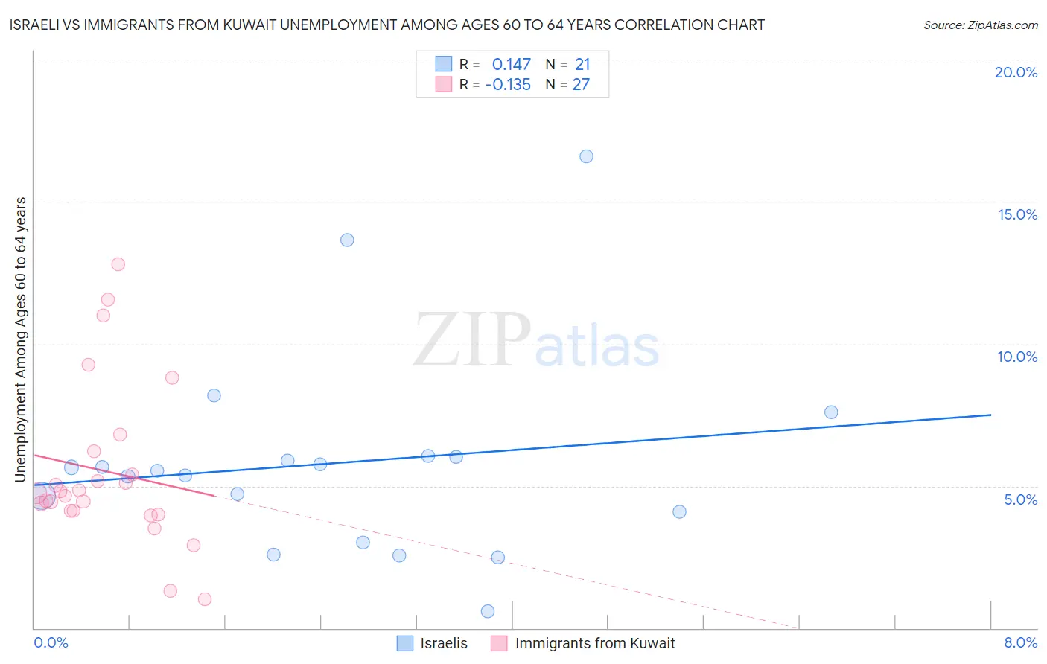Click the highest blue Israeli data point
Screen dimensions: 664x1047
pos(586,156)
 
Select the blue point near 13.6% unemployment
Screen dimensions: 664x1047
pos(347,240)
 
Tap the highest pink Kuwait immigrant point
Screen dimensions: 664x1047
pos(118,264)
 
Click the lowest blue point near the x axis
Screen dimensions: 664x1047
pos(488,611)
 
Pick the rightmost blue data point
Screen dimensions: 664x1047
pos(831,412)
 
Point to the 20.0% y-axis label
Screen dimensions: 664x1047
pos(1016,72)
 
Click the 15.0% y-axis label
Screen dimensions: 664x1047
pos(1017,214)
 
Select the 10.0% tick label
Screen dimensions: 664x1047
pos(1017,357)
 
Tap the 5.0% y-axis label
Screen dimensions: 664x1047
pos(1020,499)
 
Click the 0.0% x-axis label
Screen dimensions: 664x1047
pos(51,642)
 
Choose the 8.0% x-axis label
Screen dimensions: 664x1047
pos(1020,642)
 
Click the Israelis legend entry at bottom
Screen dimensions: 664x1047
pos(444,643)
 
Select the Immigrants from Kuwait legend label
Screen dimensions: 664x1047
pos(594,643)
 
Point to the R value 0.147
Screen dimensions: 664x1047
pos(512,65)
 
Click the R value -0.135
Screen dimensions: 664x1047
pos(508,85)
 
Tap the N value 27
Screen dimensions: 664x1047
pos(581,85)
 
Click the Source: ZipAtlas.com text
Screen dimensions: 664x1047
pos(980,25)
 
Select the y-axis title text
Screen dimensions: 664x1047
pos(21,339)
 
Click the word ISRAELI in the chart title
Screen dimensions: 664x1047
pos(38,25)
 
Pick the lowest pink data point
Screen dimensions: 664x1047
pos(205,599)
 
